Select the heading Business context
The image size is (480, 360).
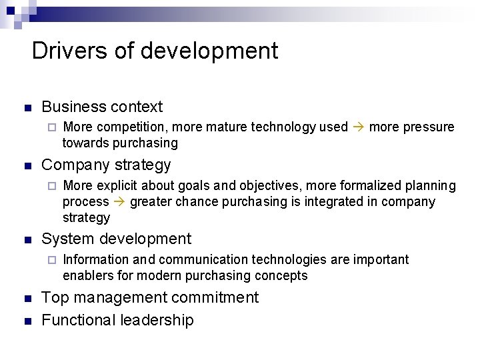102,107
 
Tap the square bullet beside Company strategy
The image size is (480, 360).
26,165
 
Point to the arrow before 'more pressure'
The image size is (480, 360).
358,127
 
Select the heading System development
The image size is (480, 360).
116,239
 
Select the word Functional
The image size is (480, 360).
77,320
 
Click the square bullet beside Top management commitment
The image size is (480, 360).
26,298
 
